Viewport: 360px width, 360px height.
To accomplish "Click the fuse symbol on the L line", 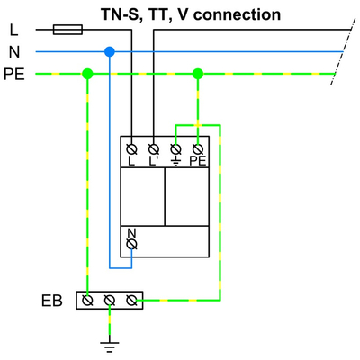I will click(68, 30).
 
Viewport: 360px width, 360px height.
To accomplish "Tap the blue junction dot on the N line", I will click(110, 52).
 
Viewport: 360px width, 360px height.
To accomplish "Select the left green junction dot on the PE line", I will click(87, 74).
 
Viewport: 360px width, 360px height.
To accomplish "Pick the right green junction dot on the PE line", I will click(198, 74).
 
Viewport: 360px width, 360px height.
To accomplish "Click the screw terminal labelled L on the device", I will click(132, 147).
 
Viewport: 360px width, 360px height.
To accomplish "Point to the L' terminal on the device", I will click(154, 147).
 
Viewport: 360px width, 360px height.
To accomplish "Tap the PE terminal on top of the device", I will click(198, 147).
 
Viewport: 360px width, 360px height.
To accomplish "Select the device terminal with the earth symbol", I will click(176, 147).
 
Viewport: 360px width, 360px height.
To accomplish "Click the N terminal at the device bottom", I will click(132, 243).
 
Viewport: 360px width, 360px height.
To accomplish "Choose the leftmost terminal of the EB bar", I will click(88, 300).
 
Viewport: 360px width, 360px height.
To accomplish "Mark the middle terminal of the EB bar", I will click(110, 300).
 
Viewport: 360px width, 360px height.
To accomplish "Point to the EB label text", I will click(51, 301).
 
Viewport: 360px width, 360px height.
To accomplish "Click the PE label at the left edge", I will click(14, 75).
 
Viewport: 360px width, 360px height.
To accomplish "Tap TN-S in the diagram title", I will click(120, 14).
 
